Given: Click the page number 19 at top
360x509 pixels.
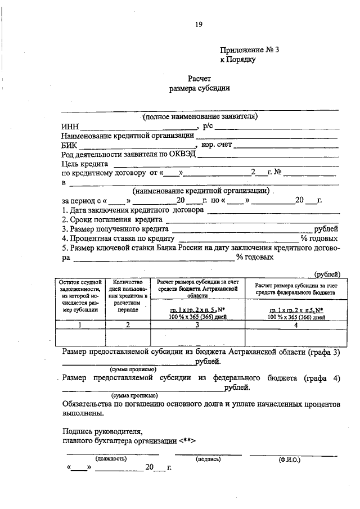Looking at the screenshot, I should [198, 24].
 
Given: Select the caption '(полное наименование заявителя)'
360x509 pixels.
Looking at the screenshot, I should [200, 117].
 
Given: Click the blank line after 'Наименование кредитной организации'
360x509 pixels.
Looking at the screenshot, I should [267, 136].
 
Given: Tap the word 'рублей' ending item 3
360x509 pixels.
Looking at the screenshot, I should [327, 229].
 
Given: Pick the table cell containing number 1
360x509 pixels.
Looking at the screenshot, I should [79, 324].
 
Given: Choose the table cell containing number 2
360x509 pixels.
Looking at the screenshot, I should [128, 324].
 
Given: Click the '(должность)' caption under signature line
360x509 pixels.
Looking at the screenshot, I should [111, 458].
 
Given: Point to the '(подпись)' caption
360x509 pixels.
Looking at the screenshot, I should [208, 458].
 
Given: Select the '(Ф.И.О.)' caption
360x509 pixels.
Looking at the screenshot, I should [289, 459].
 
